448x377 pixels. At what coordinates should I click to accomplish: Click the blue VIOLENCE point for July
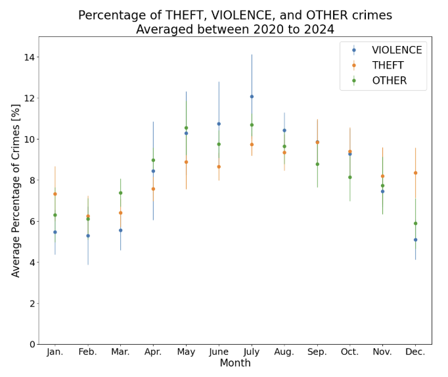(252, 97)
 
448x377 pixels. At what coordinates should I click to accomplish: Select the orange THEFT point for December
(415, 173)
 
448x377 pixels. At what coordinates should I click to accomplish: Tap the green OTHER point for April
(153, 161)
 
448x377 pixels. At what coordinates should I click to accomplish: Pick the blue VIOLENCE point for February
(88, 236)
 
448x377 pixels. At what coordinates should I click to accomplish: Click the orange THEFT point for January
(55, 194)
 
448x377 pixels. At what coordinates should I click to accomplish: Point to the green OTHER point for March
(120, 193)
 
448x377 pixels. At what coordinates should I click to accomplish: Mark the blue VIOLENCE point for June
(219, 124)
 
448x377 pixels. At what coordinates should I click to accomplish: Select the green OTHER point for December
(415, 224)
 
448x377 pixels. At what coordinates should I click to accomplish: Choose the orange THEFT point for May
(186, 162)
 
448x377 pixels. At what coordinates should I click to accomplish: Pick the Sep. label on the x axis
(317, 352)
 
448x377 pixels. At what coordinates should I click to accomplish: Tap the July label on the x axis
(252, 352)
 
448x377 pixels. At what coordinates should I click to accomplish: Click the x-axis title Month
(235, 363)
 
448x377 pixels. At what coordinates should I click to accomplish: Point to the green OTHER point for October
(349, 177)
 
